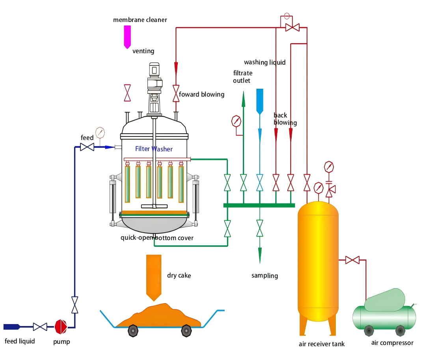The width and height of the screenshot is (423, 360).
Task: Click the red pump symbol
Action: click(x=61, y=326)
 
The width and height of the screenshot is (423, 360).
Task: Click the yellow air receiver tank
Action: click(x=318, y=260)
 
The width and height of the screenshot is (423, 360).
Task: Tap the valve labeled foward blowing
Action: click(x=176, y=93)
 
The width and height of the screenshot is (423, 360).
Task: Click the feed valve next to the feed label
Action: click(x=87, y=147)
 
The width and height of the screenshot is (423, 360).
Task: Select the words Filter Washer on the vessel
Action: click(x=154, y=149)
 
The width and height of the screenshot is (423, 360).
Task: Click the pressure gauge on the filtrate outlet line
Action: click(x=237, y=121)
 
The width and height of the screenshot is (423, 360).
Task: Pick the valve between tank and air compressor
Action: click(x=352, y=260)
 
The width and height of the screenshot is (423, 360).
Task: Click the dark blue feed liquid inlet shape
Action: click(x=11, y=326)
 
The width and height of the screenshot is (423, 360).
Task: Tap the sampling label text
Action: click(x=265, y=276)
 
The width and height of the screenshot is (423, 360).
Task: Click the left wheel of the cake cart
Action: click(x=133, y=330)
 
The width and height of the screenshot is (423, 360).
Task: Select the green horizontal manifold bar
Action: click(x=259, y=205)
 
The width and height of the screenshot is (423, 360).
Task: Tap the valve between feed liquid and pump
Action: click(x=40, y=326)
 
